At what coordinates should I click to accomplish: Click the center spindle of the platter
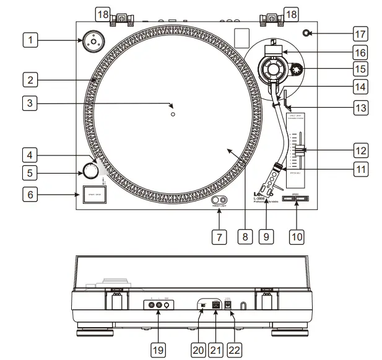(173, 115)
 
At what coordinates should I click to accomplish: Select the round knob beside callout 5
(91, 170)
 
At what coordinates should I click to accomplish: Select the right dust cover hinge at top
(270, 20)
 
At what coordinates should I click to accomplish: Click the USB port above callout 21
(215, 305)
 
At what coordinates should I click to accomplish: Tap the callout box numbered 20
(198, 349)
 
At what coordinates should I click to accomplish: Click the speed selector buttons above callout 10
(295, 199)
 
